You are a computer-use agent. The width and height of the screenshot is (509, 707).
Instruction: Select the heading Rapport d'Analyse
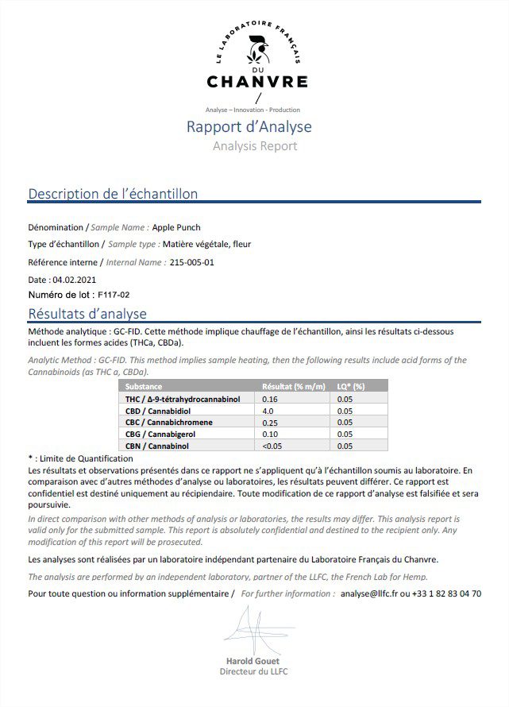point(249,127)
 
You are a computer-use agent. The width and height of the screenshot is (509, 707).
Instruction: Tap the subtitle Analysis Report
point(254,146)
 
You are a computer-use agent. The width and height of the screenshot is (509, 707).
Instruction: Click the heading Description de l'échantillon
point(113,194)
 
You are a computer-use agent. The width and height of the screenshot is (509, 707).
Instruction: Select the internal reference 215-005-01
point(192,261)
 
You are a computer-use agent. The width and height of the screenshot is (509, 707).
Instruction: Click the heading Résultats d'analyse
point(87,314)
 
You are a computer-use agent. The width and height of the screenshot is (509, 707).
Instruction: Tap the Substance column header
point(144,387)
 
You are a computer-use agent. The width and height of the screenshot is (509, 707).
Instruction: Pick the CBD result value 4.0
point(268,411)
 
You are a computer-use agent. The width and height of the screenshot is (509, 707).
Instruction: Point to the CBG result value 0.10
point(270,435)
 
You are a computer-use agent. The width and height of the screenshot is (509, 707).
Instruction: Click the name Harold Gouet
point(253,661)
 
